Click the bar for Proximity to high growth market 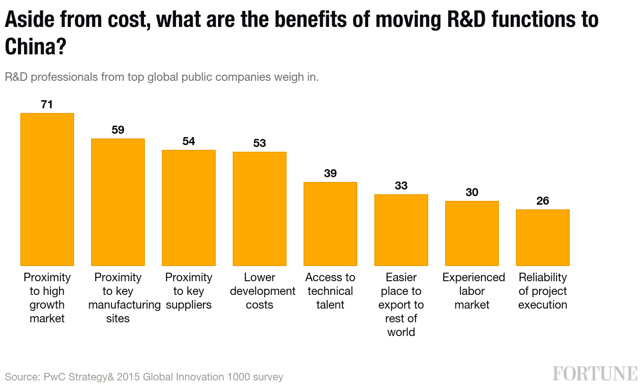pyautogui.click(x=47, y=189)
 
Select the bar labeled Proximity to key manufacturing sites pyautogui.click(x=118, y=202)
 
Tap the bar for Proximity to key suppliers pyautogui.click(x=189, y=207)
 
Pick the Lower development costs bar pyautogui.click(x=260, y=208)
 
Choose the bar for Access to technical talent pyautogui.click(x=330, y=224)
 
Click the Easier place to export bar pyautogui.click(x=401, y=230)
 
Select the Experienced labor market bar pyautogui.click(x=472, y=233)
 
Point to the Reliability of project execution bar pyautogui.click(x=543, y=237)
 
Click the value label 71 pyautogui.click(x=47, y=104)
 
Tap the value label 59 pyautogui.click(x=118, y=130)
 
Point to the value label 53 pyautogui.click(x=260, y=143)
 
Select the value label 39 pyautogui.click(x=330, y=173)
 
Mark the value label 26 pyautogui.click(x=543, y=201)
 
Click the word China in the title pyautogui.click(x=29, y=46)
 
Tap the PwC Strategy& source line pyautogui.click(x=144, y=377)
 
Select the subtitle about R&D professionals pyautogui.click(x=162, y=77)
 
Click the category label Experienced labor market pyautogui.click(x=473, y=291)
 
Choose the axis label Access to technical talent pyautogui.click(x=330, y=291)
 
